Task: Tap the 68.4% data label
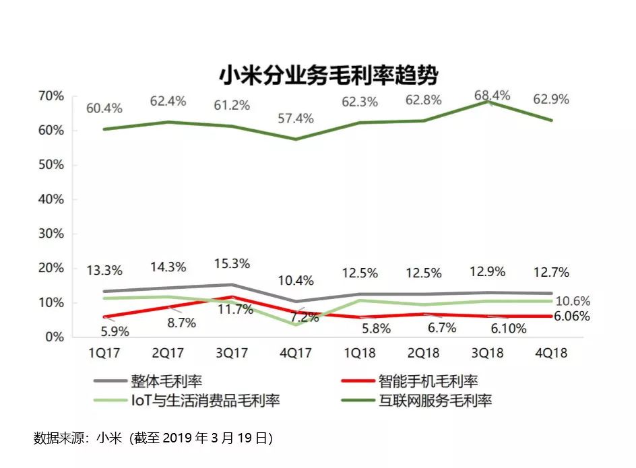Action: (492, 96)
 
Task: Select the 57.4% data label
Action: (295, 119)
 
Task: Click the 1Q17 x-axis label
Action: (105, 353)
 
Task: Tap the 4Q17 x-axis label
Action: (295, 353)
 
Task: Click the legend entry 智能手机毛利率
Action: (428, 380)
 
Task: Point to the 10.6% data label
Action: (573, 301)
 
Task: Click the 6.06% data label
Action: (571, 316)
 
